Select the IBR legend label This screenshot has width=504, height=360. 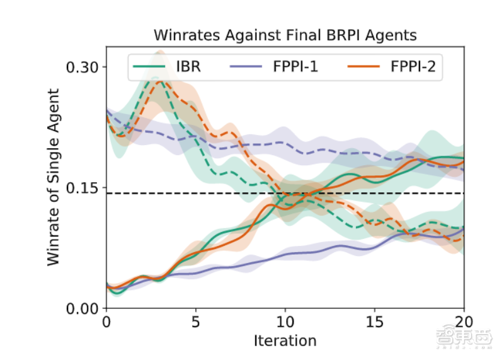pos(188,66)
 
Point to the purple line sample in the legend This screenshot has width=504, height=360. pos(251,66)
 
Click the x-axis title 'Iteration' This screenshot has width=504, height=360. pos(285,341)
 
